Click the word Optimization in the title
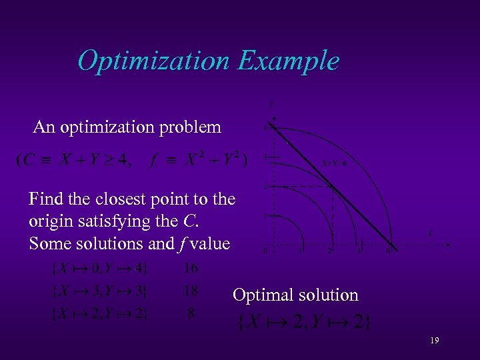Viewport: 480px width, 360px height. coord(153,61)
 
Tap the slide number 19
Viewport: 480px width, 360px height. coord(434,341)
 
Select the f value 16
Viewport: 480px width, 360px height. coord(191,268)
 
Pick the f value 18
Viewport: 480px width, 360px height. coord(191,291)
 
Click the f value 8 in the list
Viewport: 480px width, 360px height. coord(191,313)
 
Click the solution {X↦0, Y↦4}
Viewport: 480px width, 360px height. coord(100,269)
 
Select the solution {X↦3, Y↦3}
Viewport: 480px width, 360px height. coord(100,291)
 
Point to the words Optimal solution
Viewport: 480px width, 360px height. coord(295,295)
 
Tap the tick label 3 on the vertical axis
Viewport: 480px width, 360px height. coord(265,157)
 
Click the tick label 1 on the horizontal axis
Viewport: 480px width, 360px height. coord(301,252)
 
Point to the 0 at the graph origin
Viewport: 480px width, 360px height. coord(265,251)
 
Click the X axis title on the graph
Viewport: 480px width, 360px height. coord(430,233)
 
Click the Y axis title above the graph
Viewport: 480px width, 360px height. coord(271,104)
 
